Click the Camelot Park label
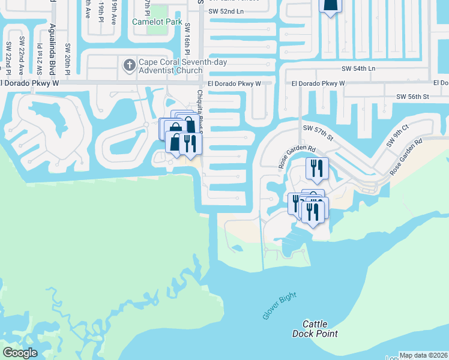[157, 22]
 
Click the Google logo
[20, 352]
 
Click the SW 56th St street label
[412, 96]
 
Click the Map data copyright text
[423, 355]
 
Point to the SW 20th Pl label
[67, 59]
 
